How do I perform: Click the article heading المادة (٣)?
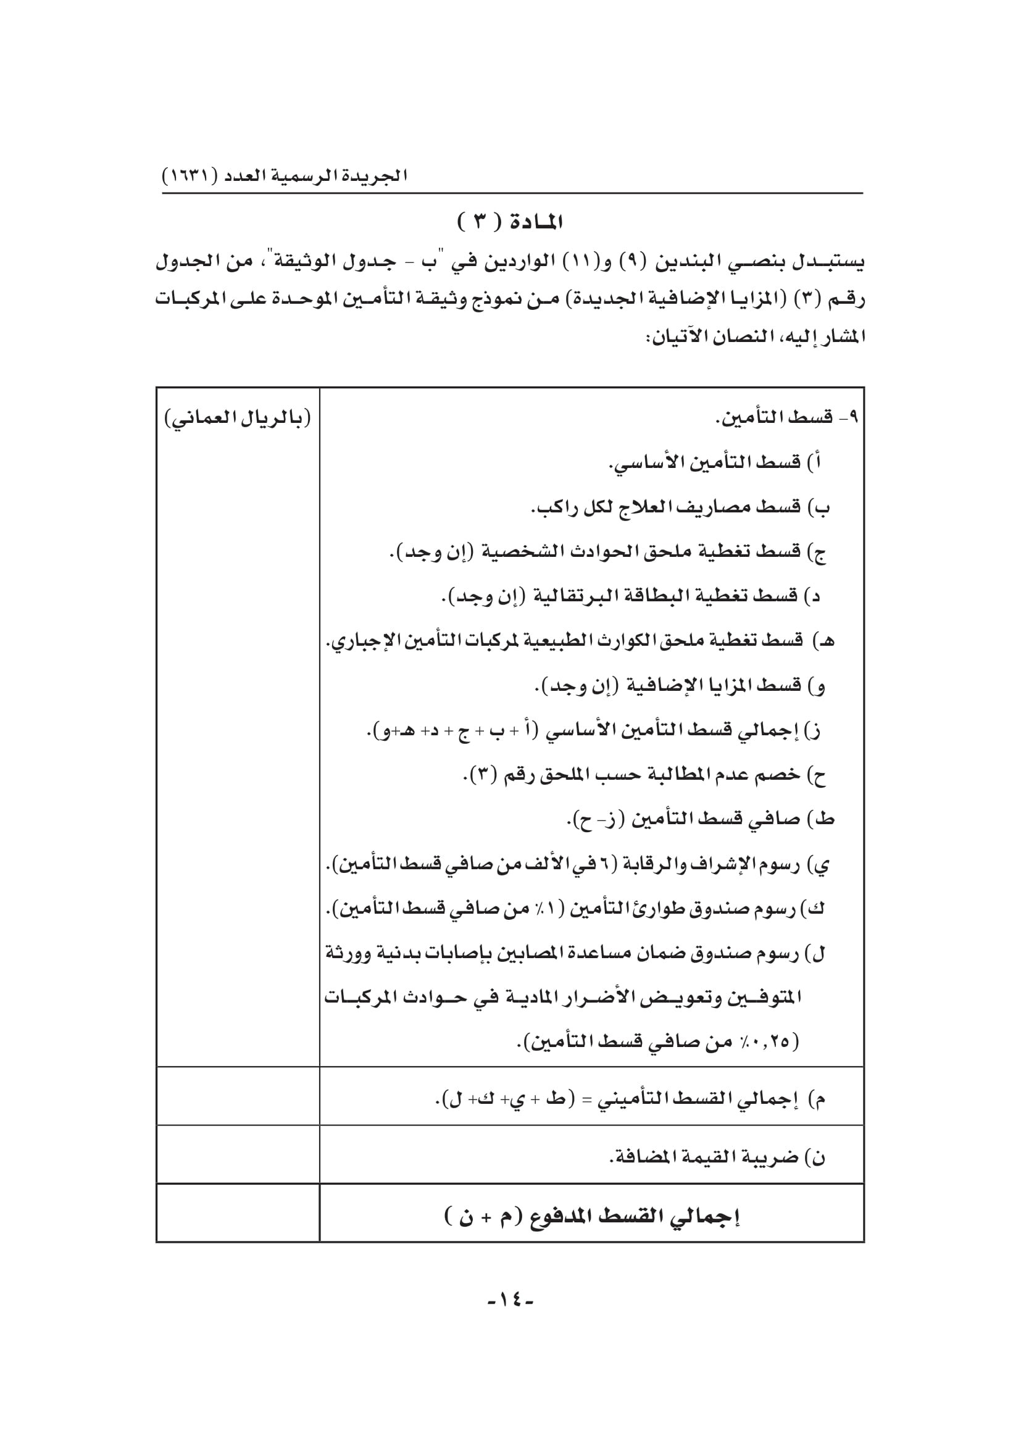pos(510,223)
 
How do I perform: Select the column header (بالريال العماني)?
pos(238,418)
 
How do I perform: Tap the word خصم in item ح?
pos(780,775)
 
